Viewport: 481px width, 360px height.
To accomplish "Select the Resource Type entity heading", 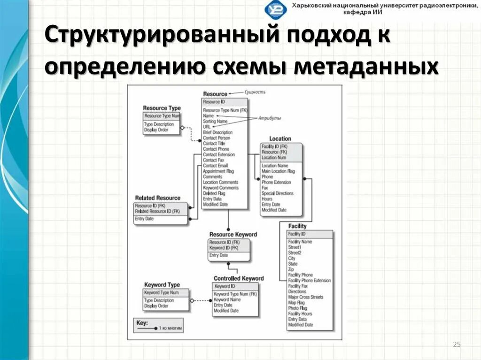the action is (162, 108).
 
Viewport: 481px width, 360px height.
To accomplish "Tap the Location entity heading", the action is (280, 139).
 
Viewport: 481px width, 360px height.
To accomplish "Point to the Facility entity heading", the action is (297, 226).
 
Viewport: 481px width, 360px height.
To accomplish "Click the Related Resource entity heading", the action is (157, 198).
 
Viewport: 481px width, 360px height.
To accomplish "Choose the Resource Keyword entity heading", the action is (233, 235).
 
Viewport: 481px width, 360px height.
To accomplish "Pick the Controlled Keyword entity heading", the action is (239, 278).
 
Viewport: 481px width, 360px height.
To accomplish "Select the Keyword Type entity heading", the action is (162, 285).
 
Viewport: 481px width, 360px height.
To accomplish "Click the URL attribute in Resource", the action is (207, 127).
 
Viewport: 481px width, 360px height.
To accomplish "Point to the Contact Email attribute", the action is (215, 166).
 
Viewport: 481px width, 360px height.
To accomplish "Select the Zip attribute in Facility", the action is (291, 269).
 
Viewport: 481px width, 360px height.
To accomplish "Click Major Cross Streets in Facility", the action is (305, 297).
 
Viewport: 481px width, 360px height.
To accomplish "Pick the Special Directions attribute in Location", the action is (277, 193).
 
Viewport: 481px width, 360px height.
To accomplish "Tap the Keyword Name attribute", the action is (227, 299).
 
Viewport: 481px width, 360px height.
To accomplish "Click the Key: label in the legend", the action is (142, 323).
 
